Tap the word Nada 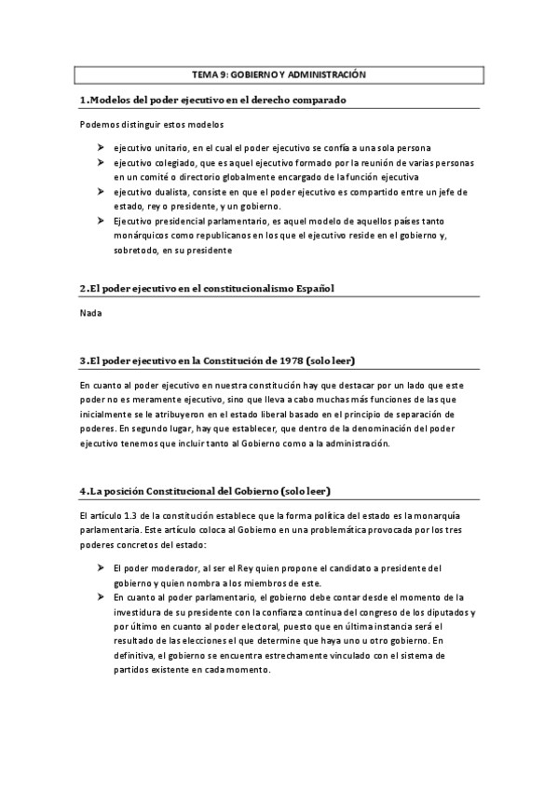(91, 313)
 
